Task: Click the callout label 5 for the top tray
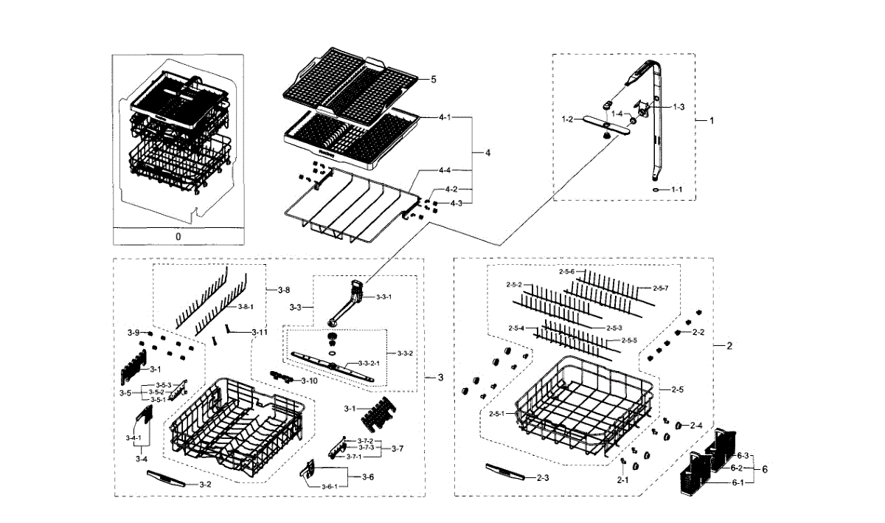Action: (434, 79)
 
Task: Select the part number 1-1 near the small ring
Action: (676, 190)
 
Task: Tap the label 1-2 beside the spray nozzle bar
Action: (567, 119)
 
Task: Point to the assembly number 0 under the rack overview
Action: (178, 237)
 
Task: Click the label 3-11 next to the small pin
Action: (259, 333)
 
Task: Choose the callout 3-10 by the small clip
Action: (309, 381)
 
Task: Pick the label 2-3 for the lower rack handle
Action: (542, 479)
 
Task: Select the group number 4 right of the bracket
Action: (487, 153)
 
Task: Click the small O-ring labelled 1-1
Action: (656, 190)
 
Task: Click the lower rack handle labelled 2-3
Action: (505, 472)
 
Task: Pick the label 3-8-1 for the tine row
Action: (246, 306)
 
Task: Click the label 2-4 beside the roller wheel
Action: (696, 426)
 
